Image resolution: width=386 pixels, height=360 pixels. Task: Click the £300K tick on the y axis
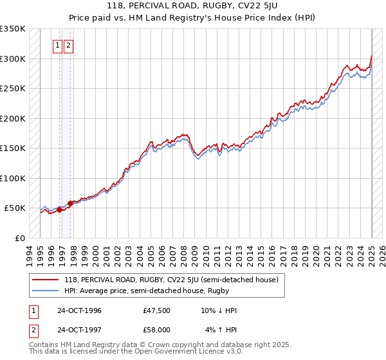point(13,59)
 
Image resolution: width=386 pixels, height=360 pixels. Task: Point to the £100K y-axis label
point(13,178)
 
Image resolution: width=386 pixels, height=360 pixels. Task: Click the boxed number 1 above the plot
point(57,45)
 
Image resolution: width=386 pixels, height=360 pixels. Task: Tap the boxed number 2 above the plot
point(68,45)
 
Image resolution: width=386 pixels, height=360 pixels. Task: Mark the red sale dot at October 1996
point(59,210)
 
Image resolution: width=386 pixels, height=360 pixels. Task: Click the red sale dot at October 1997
point(70,203)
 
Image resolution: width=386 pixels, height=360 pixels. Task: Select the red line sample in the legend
point(46,280)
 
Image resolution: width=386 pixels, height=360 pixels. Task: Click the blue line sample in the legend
point(46,291)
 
